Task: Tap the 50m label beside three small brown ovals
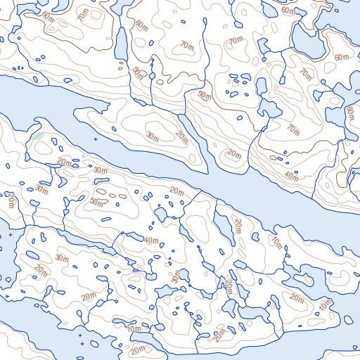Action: pyautogui.click(x=96, y=202)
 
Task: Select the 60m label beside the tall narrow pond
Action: pyautogui.click(x=141, y=25)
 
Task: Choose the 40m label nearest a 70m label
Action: pyautogui.click(x=290, y=174)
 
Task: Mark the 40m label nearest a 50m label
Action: pyautogui.click(x=151, y=240)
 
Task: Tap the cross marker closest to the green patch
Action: pyautogui.click(x=96, y=139)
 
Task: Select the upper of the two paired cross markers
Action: pyautogui.click(x=81, y=336)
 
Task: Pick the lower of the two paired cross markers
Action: pyautogui.click(x=82, y=344)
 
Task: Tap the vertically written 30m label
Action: pyautogui.click(x=176, y=276)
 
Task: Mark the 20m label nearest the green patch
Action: pyautogui.click(x=64, y=162)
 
